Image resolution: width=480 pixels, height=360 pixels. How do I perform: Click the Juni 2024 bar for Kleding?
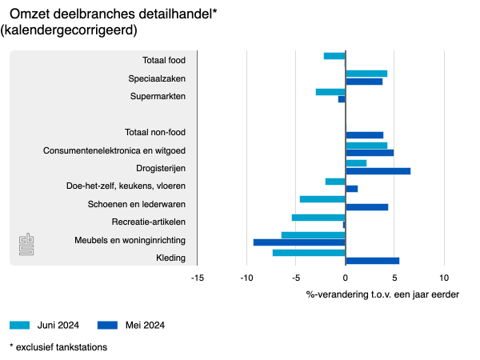(x=309, y=253)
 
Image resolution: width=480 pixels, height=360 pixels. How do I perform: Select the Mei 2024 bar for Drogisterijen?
(x=378, y=171)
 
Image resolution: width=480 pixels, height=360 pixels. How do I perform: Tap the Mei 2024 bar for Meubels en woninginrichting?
(x=299, y=242)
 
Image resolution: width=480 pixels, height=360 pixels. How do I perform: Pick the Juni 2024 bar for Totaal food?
(x=334, y=56)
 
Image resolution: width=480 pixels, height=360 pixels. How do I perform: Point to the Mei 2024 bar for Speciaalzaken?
(x=364, y=82)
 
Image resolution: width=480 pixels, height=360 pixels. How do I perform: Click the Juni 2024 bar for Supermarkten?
(x=330, y=92)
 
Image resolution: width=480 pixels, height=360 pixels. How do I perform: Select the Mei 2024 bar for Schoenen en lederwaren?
(x=366, y=207)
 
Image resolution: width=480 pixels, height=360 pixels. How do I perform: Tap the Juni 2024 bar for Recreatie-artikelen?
(x=318, y=218)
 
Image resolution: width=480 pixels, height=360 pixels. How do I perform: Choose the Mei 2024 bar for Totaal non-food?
(x=364, y=135)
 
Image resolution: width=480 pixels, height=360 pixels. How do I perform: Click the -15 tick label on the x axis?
(x=197, y=278)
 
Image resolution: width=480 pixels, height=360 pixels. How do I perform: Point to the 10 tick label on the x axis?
(x=444, y=278)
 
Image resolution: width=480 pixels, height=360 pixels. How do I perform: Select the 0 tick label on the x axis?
(x=346, y=278)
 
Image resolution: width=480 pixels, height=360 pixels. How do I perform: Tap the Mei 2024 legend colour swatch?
(x=107, y=325)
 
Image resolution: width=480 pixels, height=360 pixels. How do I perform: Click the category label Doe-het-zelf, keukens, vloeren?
(x=126, y=186)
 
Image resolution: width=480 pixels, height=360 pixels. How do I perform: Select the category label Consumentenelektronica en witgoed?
(x=114, y=150)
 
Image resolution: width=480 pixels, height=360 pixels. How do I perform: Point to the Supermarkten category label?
(x=158, y=96)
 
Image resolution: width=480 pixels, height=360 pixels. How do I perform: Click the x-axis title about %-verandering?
(x=382, y=294)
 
